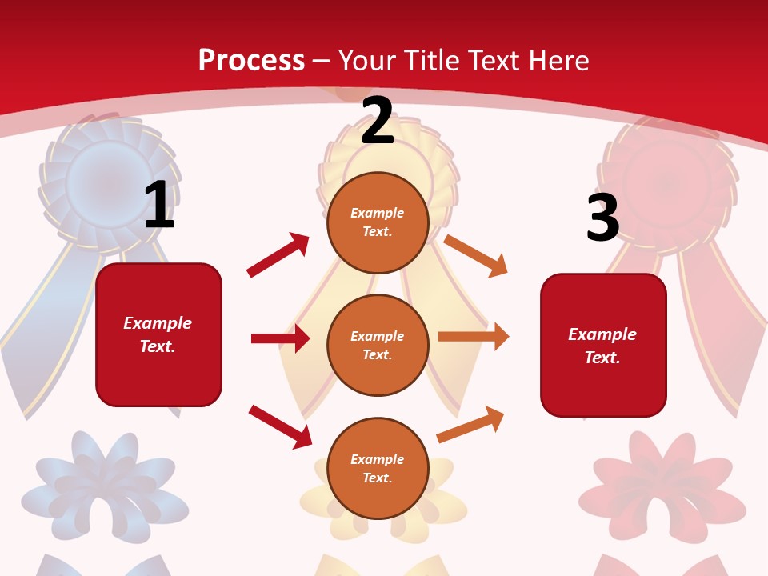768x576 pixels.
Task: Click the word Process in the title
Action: pyautogui.click(x=251, y=60)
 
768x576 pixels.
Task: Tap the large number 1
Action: pyautogui.click(x=159, y=205)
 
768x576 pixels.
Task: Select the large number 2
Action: pyautogui.click(x=378, y=121)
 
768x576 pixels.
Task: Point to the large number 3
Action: pyautogui.click(x=602, y=218)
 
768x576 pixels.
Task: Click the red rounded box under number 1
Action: pyautogui.click(x=158, y=334)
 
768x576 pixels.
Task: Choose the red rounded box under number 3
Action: pyautogui.click(x=603, y=345)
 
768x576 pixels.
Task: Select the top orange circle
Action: pyautogui.click(x=378, y=222)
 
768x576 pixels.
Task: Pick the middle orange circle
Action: pyautogui.click(x=378, y=345)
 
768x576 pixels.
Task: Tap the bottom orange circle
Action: pyautogui.click(x=378, y=468)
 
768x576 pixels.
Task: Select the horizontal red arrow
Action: pyautogui.click(x=280, y=338)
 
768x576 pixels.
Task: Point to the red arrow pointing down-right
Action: pyautogui.click(x=281, y=426)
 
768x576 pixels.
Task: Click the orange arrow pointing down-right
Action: pyautogui.click(x=476, y=255)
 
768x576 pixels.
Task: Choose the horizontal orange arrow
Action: pyautogui.click(x=474, y=337)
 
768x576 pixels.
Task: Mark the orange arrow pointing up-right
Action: pyautogui.click(x=471, y=424)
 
